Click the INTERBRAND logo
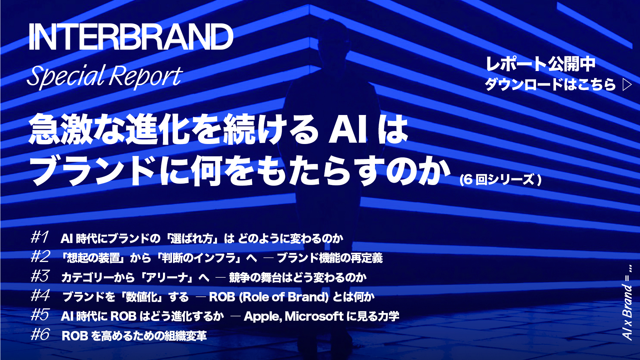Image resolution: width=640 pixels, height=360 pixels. (x=131, y=37)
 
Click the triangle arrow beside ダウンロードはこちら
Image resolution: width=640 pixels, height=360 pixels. (x=627, y=85)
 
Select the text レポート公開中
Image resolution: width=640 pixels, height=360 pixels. (x=540, y=64)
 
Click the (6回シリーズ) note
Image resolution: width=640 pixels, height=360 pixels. (x=500, y=180)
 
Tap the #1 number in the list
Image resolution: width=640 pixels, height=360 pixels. (x=40, y=237)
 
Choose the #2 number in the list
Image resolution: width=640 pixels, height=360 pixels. (x=40, y=256)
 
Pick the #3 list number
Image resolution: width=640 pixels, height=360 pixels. (x=40, y=276)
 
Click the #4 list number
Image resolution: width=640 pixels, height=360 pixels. (x=40, y=295)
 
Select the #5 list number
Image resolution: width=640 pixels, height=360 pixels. (x=40, y=314)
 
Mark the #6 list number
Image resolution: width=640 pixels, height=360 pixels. (x=40, y=334)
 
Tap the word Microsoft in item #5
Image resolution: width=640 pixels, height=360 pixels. (x=314, y=316)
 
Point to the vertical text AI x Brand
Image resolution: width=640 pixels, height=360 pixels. (x=627, y=312)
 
